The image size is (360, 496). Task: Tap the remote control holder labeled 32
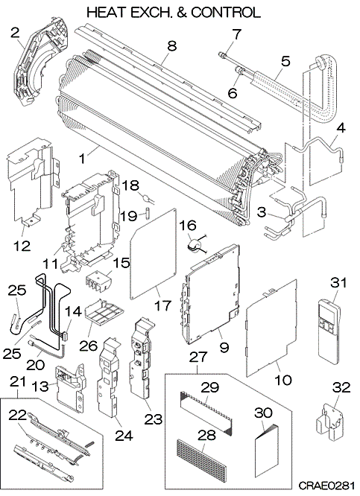coord(330,422)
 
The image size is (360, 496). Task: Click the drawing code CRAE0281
coord(326,486)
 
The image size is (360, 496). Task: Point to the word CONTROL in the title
coord(226,12)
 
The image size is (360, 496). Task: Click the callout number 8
coord(171,46)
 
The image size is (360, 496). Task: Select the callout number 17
coord(162,305)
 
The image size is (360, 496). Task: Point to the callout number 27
coord(198,357)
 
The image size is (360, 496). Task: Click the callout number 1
coord(82,159)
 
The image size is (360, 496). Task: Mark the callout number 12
coord(22,246)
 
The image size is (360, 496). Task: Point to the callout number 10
coord(283,380)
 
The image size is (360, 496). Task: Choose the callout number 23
coord(154,419)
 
